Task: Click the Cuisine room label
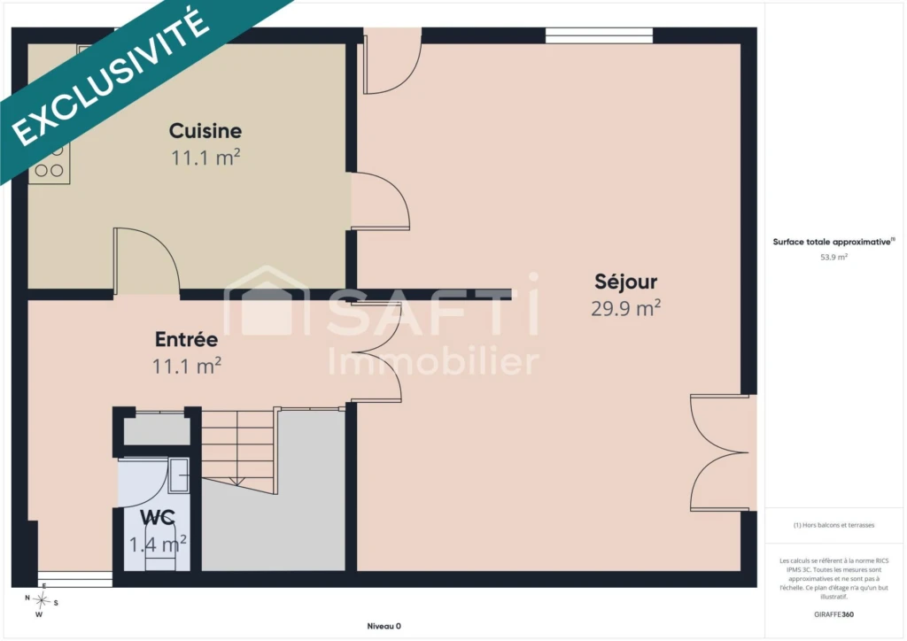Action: point(205,131)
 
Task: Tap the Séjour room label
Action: point(626,282)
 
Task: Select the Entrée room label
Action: point(186,339)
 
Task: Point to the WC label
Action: point(158,517)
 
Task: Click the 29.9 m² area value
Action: point(626,308)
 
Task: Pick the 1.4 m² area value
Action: point(158,544)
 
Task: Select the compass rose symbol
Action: point(41,601)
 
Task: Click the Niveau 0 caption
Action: point(384,626)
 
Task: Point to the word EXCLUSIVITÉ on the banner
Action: point(111,76)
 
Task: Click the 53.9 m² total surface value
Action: point(833,258)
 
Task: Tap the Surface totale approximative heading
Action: point(833,242)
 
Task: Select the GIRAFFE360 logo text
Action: point(833,614)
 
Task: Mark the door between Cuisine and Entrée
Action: point(147,260)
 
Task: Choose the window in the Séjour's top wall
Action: point(600,35)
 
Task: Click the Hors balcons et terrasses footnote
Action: point(833,525)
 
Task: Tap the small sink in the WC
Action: point(179,475)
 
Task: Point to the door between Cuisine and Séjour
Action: point(380,201)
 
